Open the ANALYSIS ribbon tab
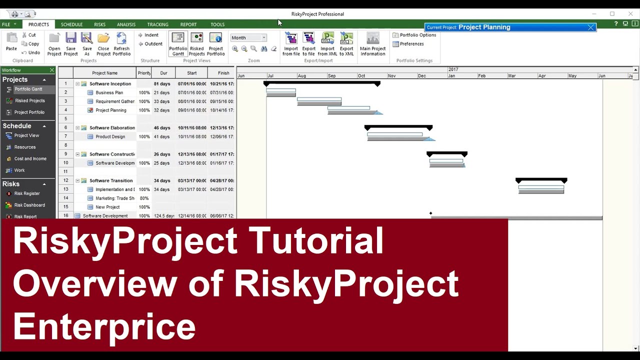pyautogui.click(x=126, y=24)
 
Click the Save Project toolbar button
pyautogui.click(x=70, y=44)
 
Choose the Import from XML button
pyautogui.click(x=327, y=44)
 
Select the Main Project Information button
pyautogui.click(x=372, y=44)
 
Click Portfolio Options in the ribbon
pyautogui.click(x=414, y=35)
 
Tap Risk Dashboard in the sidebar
pyautogui.click(x=29, y=205)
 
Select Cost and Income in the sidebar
pyautogui.click(x=30, y=158)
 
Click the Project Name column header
pyautogui.click(x=104, y=73)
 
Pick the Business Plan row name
pyautogui.click(x=109, y=92)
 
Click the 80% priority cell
pyautogui.click(x=144, y=198)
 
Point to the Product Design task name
pyautogui.click(x=110, y=136)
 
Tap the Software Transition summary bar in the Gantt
pyautogui.click(x=541, y=180)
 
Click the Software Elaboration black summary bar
pyautogui.click(x=398, y=127)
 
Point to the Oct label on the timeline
pyautogui.click(x=361, y=76)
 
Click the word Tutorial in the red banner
pyautogui.click(x=316, y=240)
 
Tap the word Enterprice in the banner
pyautogui.click(x=104, y=326)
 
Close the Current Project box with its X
pyautogui.click(x=590, y=27)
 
